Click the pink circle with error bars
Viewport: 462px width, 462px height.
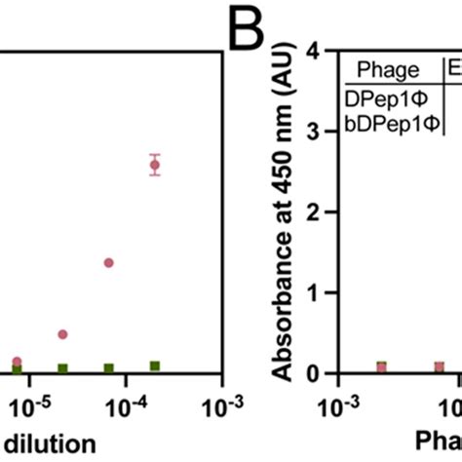[x=154, y=166]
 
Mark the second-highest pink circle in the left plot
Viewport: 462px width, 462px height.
[x=108, y=262]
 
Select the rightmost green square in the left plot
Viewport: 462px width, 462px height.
[x=154, y=366]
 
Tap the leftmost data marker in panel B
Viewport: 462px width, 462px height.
[x=381, y=366]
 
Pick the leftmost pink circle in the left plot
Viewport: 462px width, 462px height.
[x=17, y=362]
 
